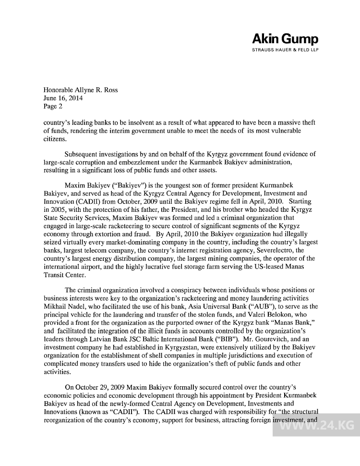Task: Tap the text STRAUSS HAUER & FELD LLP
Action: point(285,49)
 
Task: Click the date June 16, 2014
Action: point(63,98)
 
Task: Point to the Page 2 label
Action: point(53,106)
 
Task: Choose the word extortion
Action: point(114,234)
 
